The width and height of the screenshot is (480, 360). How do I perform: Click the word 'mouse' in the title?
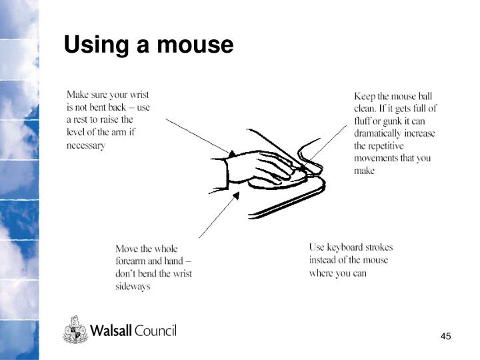pyautogui.click(x=195, y=45)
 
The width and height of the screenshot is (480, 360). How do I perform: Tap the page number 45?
pyautogui.click(x=446, y=336)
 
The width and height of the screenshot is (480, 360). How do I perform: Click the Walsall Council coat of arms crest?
pyautogui.click(x=75, y=330)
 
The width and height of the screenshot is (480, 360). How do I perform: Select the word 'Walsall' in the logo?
pyautogui.click(x=111, y=330)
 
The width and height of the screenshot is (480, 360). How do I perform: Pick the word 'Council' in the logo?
pyautogui.click(x=155, y=331)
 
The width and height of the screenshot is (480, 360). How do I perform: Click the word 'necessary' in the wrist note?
pyautogui.click(x=86, y=145)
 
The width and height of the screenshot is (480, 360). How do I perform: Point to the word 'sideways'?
pyautogui.click(x=133, y=287)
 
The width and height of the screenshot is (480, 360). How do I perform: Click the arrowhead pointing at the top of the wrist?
pyautogui.click(x=232, y=153)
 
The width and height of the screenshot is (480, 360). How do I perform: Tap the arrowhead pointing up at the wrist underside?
pyautogui.click(x=236, y=195)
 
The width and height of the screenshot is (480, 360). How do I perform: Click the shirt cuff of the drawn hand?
pyautogui.click(x=227, y=174)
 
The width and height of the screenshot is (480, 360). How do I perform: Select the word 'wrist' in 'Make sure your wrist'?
pyautogui.click(x=139, y=95)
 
